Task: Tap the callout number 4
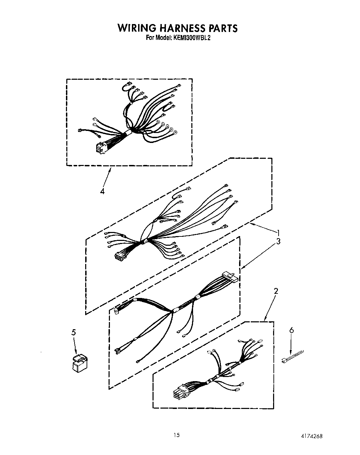pyautogui.click(x=102, y=191)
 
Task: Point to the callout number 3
pyautogui.click(x=278, y=241)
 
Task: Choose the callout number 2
pyautogui.click(x=276, y=291)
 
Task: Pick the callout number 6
pyautogui.click(x=292, y=330)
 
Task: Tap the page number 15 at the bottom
pyautogui.click(x=176, y=435)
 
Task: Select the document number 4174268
pyautogui.click(x=311, y=436)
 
